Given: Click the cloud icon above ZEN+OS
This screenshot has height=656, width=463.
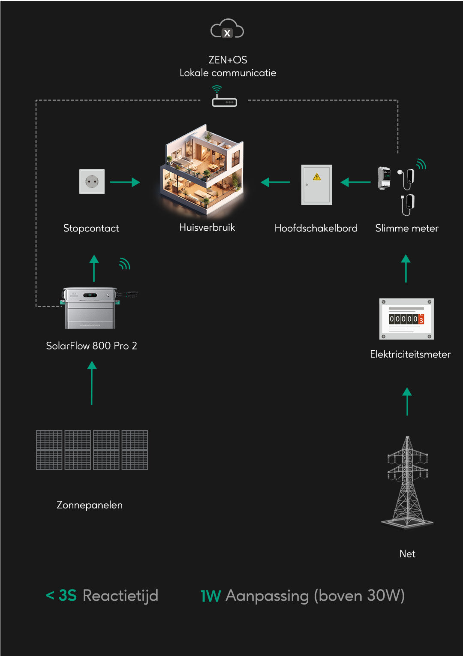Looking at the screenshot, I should coord(227,29).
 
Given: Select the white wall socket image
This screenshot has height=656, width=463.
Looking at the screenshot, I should coord(92,181).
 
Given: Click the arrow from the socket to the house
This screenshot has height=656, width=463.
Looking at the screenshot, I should coord(125,182).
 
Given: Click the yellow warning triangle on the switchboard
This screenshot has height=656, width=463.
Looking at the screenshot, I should coord(317,177).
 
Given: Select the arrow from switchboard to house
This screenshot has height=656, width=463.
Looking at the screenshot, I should coord(276,182).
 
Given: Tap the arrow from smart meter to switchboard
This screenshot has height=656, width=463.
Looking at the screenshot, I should coord(355,182).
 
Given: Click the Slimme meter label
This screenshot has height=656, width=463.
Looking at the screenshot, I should coord(406,228).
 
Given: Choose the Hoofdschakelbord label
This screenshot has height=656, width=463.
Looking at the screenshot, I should coord(316,228).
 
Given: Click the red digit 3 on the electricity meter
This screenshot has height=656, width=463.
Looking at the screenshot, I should coord(421,320).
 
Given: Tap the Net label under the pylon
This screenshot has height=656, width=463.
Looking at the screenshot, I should coord(407,554).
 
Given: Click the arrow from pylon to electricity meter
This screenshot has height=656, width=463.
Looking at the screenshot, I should coord(407,401).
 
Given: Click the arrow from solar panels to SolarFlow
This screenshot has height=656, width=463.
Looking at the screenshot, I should coord(92,382).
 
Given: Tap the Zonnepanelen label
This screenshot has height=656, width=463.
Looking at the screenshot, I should coord(90,505).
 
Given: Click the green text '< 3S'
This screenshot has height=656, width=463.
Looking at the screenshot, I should coord(61,596).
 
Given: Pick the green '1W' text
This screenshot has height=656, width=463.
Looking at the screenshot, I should coord(210,596).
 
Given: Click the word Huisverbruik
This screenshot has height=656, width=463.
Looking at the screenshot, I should coord(207,227).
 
